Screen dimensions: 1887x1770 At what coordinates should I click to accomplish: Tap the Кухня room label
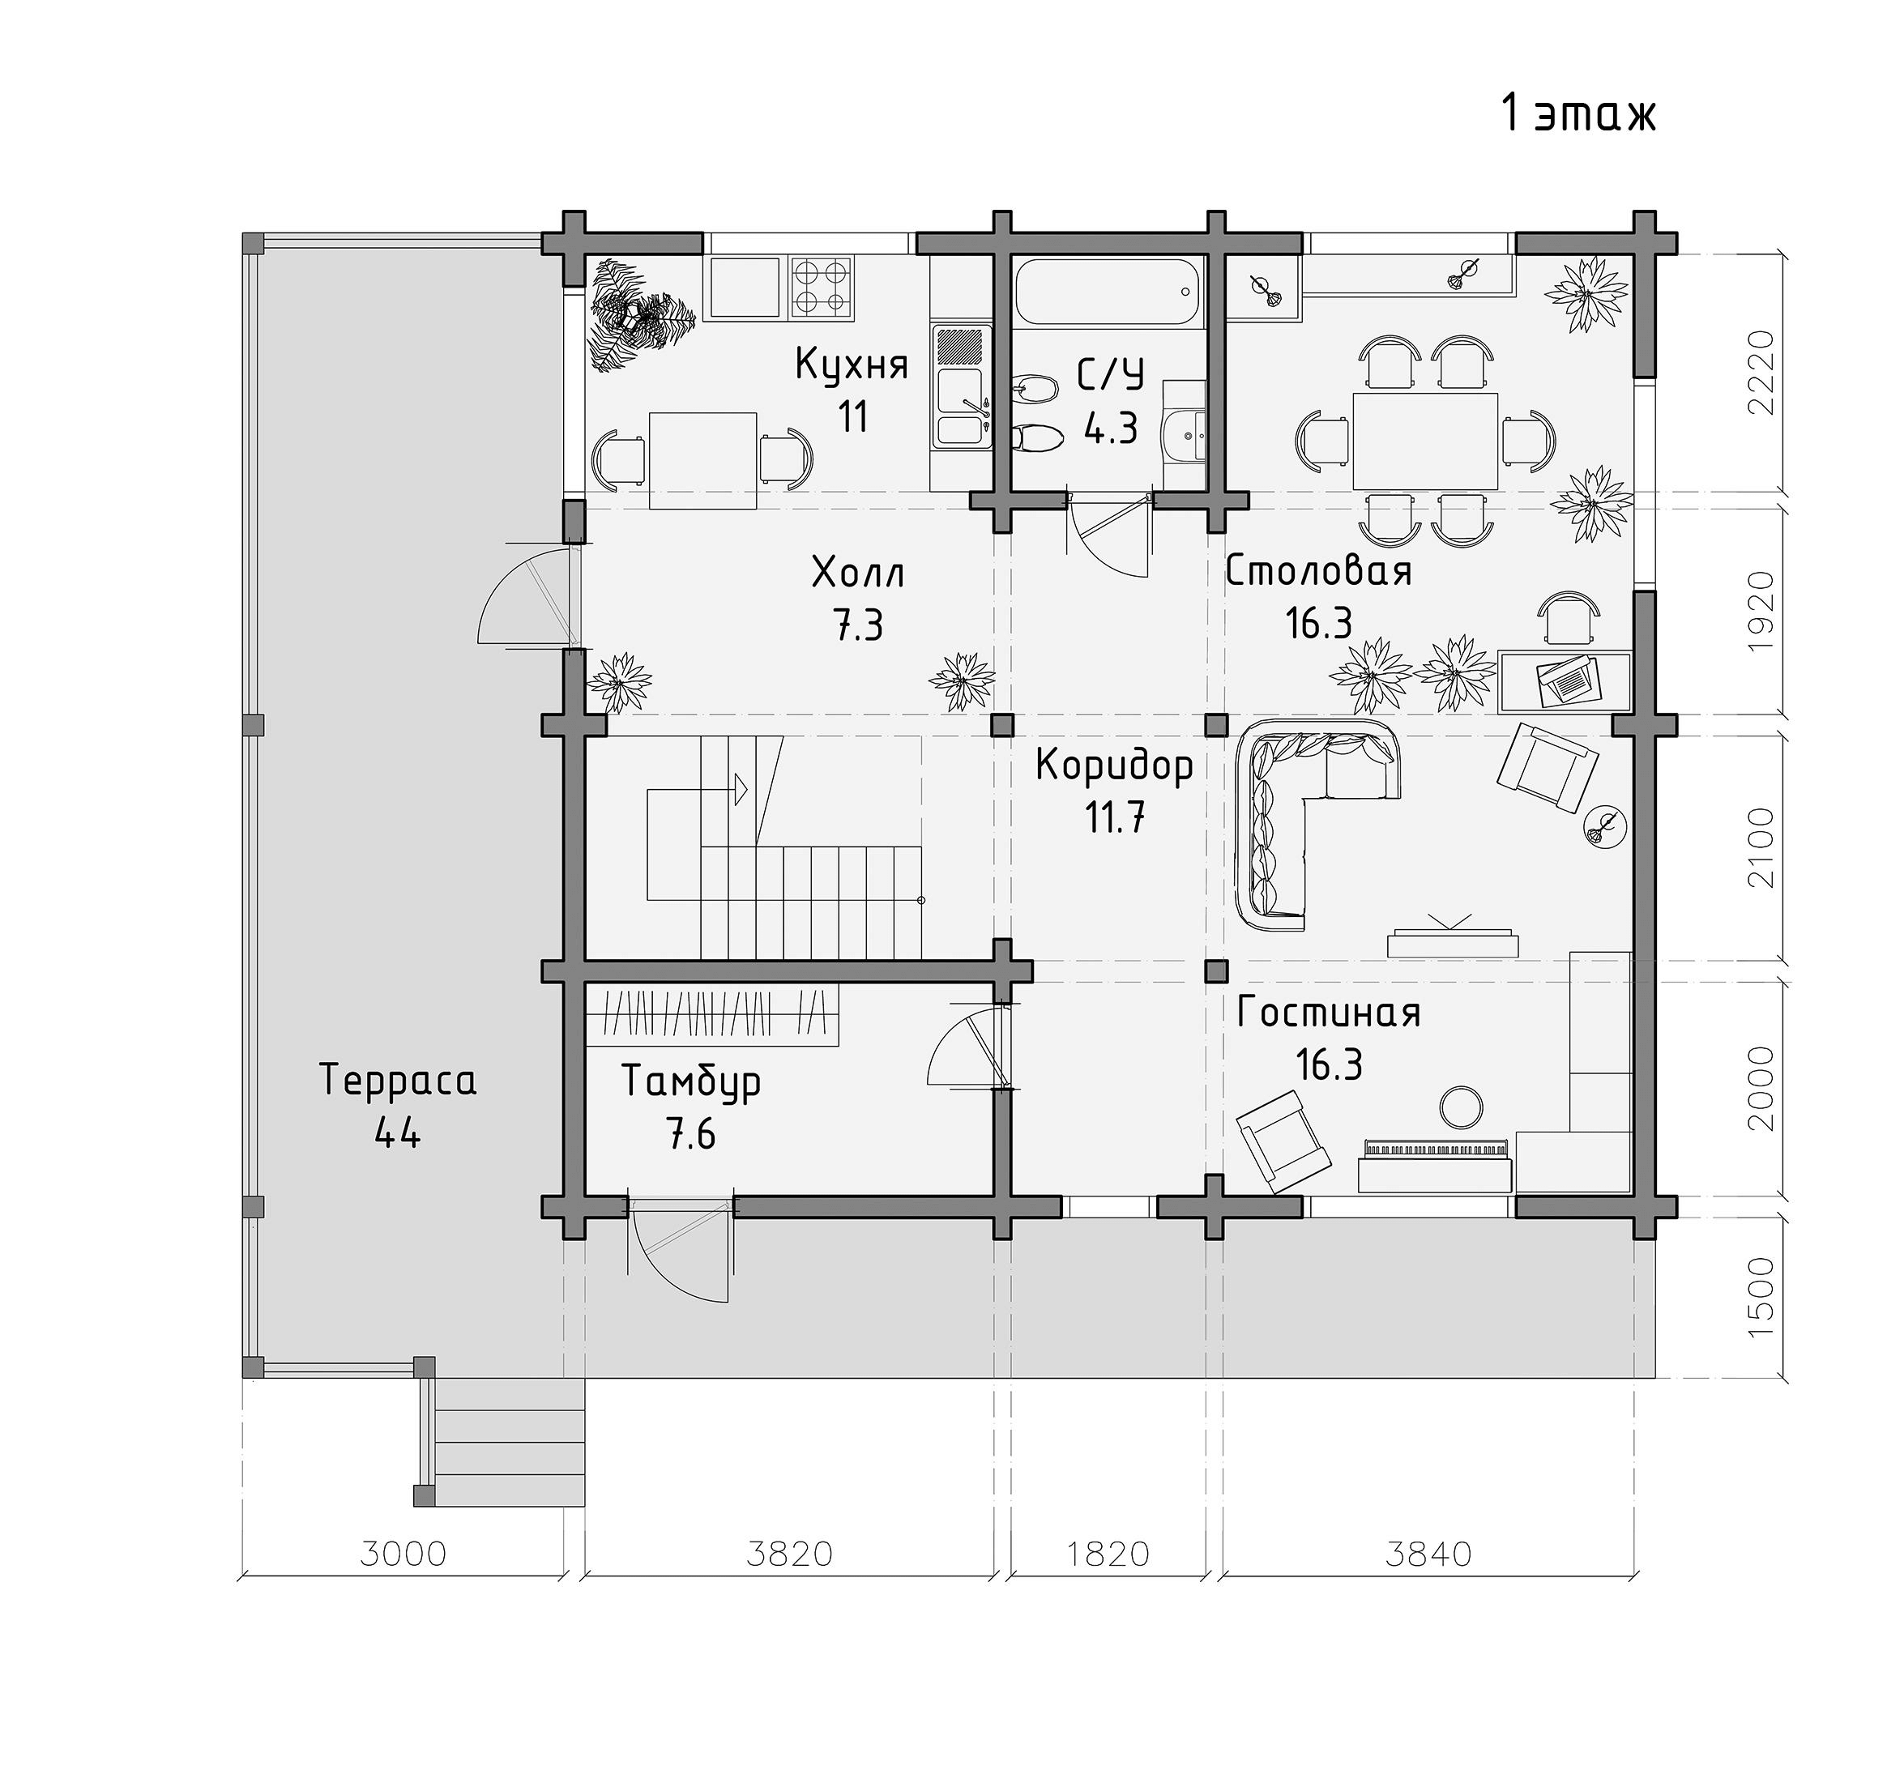click(852, 364)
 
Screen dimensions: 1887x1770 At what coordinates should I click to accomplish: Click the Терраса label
click(397, 1080)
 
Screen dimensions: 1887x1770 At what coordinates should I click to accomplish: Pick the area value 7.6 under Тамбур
click(691, 1134)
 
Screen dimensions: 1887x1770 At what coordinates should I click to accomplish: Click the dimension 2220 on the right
click(1760, 372)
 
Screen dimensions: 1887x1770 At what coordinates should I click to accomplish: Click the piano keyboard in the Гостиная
click(1434, 1149)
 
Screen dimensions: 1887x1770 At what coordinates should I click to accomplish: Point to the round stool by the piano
click(1461, 1106)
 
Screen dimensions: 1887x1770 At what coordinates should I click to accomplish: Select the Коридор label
click(1114, 765)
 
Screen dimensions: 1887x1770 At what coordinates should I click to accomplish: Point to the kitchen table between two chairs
click(703, 460)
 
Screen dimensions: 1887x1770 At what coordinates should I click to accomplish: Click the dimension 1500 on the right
click(1760, 1298)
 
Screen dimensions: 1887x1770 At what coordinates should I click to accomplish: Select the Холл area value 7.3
click(858, 626)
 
